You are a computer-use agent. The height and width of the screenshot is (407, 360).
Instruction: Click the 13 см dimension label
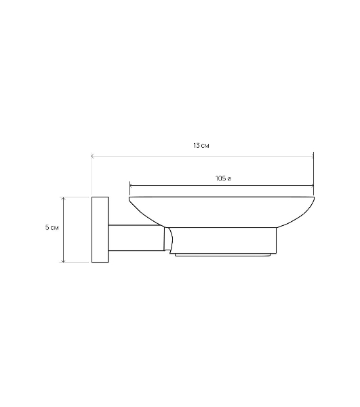pos(201,146)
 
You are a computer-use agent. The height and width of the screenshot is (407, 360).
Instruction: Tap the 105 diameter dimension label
pos(223,178)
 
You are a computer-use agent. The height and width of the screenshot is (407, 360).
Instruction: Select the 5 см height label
pos(52,228)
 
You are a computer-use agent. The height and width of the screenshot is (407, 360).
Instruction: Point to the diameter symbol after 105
pos(229,179)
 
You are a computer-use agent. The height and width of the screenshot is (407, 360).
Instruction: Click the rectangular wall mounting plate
pos(100,229)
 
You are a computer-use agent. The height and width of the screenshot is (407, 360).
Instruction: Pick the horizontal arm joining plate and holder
pos(136,238)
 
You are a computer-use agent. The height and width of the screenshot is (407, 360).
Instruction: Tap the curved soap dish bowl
pos(222,212)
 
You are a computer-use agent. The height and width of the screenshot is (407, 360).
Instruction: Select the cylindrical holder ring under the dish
pos(223,240)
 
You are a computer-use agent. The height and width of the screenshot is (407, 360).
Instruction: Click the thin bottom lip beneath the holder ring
pos(222,255)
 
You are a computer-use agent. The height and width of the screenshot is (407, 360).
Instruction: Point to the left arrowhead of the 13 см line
pos(93,156)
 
